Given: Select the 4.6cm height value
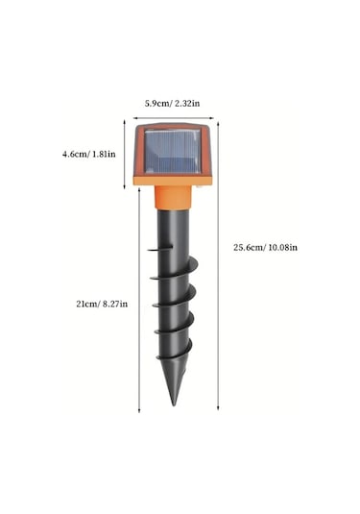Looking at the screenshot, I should (75, 153).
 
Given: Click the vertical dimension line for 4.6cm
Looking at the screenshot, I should (124, 153).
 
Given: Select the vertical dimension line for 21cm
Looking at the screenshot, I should (139, 303).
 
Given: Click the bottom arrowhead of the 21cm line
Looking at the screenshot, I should (139, 409).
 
